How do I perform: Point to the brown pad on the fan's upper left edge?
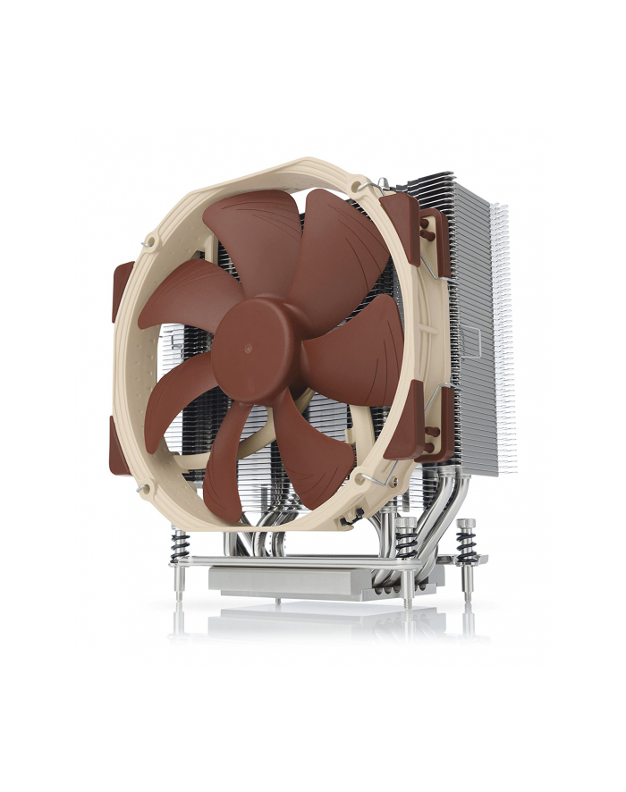(x=123, y=291)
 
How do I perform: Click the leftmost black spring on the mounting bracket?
(x=181, y=544)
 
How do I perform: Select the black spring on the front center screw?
(x=407, y=542)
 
